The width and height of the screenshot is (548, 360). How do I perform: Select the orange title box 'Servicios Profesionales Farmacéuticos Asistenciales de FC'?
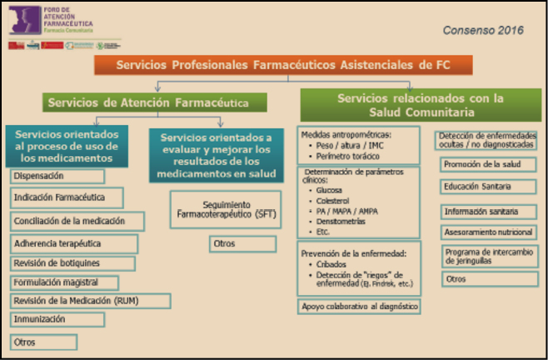tap(283, 64)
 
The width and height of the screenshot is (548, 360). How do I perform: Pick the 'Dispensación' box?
tap(57, 177)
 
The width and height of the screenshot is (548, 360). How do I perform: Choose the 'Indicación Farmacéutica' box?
tap(67, 198)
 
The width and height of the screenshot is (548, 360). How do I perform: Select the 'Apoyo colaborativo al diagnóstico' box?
tap(359, 307)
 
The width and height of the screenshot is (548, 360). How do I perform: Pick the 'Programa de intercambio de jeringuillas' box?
tap(487, 255)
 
